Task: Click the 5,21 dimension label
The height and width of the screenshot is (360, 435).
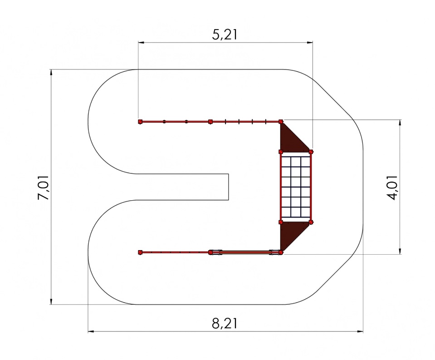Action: (x=225, y=35)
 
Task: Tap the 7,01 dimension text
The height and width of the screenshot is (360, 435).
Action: (x=44, y=187)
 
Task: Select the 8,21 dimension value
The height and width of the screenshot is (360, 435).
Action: (x=225, y=323)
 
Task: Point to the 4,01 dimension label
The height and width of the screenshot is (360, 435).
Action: (x=392, y=187)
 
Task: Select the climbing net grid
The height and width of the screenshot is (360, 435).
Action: (x=296, y=187)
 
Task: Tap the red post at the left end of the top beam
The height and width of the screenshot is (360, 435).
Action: (x=140, y=122)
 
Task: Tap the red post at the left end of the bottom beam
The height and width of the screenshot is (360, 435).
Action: (x=140, y=252)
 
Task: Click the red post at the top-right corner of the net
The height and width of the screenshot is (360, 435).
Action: (x=311, y=152)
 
